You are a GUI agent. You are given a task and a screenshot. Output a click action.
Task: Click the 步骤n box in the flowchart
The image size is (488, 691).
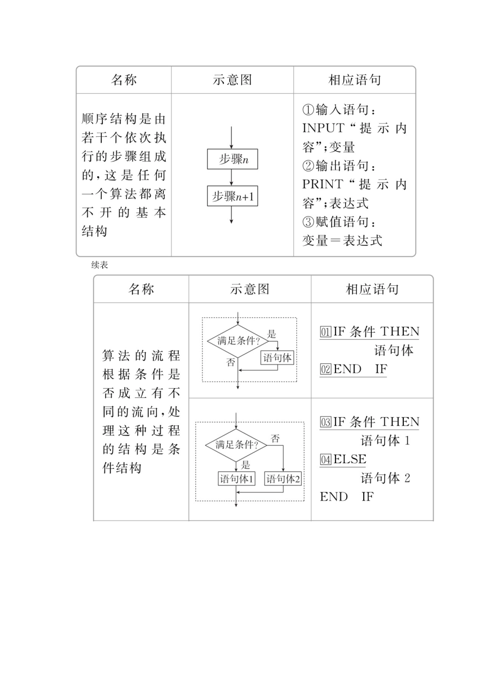click(232, 159)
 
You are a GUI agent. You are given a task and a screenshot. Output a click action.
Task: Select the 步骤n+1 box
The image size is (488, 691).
click(232, 196)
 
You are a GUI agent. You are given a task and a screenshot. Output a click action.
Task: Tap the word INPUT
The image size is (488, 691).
click(323, 128)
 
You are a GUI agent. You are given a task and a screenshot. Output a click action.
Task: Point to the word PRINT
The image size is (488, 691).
click(322, 184)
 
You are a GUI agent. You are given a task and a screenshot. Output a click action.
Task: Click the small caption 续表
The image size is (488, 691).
click(100, 265)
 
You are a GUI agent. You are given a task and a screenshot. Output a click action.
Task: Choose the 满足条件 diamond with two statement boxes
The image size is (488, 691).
click(236, 445)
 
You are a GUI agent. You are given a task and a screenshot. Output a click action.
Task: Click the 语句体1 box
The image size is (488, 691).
click(236, 479)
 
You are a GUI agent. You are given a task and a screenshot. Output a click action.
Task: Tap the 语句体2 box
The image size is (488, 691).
click(283, 479)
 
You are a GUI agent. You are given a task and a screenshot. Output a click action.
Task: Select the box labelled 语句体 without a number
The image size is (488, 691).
click(277, 358)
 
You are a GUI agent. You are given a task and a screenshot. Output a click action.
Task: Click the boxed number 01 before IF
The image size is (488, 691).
click(326, 332)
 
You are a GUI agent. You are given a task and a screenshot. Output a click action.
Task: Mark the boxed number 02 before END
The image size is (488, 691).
click(326, 369)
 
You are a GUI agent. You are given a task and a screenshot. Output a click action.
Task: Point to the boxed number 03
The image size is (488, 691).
click(326, 423)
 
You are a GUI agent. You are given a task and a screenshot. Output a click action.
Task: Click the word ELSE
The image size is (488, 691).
click(350, 460)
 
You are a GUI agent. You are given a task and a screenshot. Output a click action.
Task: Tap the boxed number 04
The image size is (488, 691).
click(326, 460)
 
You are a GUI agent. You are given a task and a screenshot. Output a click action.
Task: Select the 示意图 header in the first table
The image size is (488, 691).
click(232, 80)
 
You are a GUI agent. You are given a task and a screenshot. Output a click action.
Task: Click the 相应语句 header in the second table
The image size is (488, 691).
click(372, 289)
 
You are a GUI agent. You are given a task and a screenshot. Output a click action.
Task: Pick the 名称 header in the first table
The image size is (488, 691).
click(124, 80)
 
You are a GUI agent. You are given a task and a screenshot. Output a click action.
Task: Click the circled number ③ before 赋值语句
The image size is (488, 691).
click(308, 222)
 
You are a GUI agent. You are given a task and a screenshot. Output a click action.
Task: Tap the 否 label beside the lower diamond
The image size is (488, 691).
click(275, 439)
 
